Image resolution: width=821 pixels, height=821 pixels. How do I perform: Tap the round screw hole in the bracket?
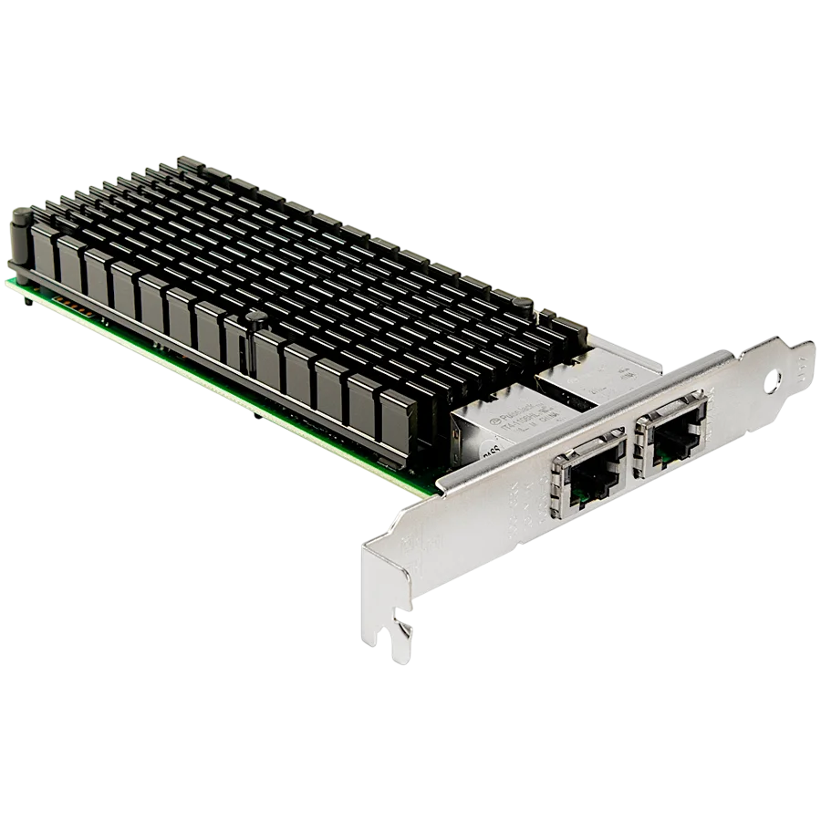780,374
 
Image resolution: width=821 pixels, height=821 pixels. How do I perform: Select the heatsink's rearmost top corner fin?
187,161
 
